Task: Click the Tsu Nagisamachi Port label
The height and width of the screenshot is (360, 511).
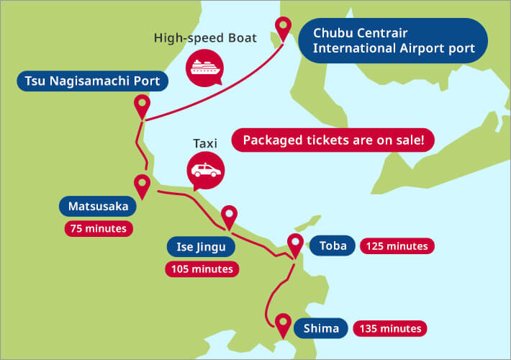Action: pyautogui.click(x=92, y=81)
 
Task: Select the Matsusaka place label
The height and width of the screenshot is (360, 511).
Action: pyautogui.click(x=98, y=207)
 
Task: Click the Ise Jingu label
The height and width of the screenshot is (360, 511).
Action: pyautogui.click(x=202, y=247)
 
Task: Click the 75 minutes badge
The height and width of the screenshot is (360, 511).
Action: pyautogui.click(x=98, y=229)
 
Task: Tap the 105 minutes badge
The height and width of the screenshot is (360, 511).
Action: pyautogui.click(x=202, y=269)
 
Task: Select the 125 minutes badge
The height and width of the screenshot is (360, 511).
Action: pyautogui.click(x=397, y=246)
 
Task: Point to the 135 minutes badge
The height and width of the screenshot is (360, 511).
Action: pyautogui.click(x=389, y=328)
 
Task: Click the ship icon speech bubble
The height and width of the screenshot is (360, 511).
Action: pyautogui.click(x=204, y=67)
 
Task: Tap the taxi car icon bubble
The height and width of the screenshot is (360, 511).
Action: pyautogui.click(x=205, y=172)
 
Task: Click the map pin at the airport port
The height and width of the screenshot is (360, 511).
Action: pyautogui.click(x=284, y=29)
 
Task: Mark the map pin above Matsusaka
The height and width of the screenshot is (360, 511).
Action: pyautogui.click(x=142, y=186)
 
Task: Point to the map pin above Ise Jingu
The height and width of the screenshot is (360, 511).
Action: pyautogui.click(x=229, y=215)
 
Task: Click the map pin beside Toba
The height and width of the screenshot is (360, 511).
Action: pyautogui.click(x=295, y=244)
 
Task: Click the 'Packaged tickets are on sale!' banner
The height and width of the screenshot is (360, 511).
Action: pyautogui.click(x=333, y=140)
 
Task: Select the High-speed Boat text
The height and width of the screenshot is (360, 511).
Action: pyautogui.click(x=205, y=37)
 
